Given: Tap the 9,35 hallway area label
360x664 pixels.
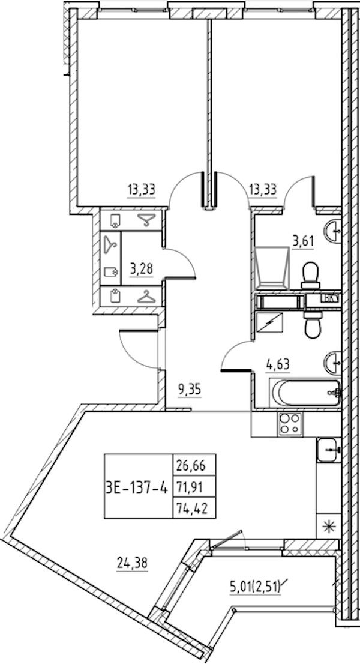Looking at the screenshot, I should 190,388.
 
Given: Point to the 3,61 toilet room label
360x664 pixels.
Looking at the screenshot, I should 304,242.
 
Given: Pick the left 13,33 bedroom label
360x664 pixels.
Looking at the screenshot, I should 142,190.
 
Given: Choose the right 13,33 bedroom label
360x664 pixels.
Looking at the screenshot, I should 262,190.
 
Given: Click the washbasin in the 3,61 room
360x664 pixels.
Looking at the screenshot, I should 333,229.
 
